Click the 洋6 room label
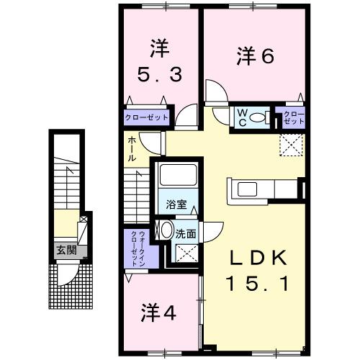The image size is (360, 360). coord(255,55)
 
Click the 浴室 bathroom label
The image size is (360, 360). coord(177,204)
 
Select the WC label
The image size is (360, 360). coord(243,117)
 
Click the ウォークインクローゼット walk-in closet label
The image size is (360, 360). coord(137,248)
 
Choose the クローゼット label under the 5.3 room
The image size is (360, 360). coord(147,117)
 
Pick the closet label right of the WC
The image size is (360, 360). coord(293,117)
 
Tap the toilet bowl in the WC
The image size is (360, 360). coord(261,117)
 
